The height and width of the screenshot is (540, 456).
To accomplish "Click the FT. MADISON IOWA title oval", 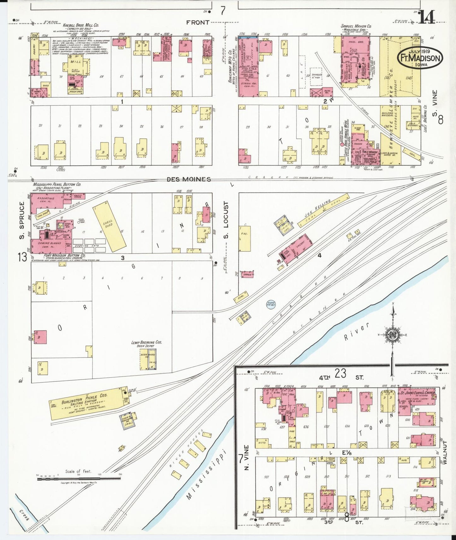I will point(420,57).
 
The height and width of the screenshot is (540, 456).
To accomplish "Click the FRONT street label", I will point(198,22).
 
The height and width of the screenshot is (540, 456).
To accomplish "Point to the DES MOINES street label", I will point(189,179).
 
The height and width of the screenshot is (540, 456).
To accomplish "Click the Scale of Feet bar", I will point(79,479).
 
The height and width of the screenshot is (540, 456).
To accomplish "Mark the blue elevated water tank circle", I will point(270,304).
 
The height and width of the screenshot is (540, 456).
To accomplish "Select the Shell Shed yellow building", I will point(109,225).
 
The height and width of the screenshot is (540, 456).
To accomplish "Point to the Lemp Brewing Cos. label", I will point(147,342).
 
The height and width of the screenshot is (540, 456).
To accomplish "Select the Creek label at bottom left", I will point(24,515).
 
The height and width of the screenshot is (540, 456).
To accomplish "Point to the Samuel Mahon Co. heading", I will point(356,26).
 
